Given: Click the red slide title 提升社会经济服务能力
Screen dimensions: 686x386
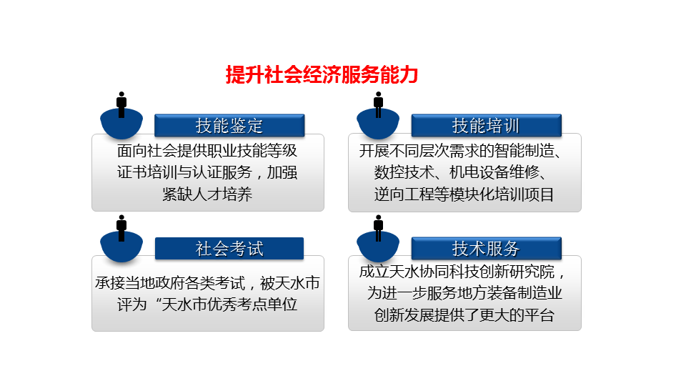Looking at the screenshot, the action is pyautogui.click(x=322, y=75).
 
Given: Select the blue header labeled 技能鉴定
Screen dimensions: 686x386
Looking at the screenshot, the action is pyautogui.click(x=229, y=126).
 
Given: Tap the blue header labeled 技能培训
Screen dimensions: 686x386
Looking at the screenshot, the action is pyautogui.click(x=486, y=126).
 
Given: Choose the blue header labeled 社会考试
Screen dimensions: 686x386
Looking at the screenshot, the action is pyautogui.click(x=229, y=249).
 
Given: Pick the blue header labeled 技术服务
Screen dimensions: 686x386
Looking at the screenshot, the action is pyautogui.click(x=486, y=249).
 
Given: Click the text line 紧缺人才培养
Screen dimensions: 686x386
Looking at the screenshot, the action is pyautogui.click(x=207, y=194).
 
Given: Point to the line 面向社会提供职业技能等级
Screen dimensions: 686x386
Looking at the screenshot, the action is pyautogui.click(x=207, y=151).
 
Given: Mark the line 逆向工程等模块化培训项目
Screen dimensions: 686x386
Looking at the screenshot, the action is pyautogui.click(x=464, y=194).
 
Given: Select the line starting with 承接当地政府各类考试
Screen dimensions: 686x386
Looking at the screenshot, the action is pyautogui.click(x=207, y=283).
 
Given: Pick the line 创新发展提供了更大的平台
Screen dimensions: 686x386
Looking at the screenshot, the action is pyautogui.click(x=464, y=315).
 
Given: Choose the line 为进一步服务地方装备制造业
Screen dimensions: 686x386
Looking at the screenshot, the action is pyautogui.click(x=464, y=293).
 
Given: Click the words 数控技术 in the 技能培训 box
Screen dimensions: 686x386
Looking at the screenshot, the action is pyautogui.click(x=403, y=172).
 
